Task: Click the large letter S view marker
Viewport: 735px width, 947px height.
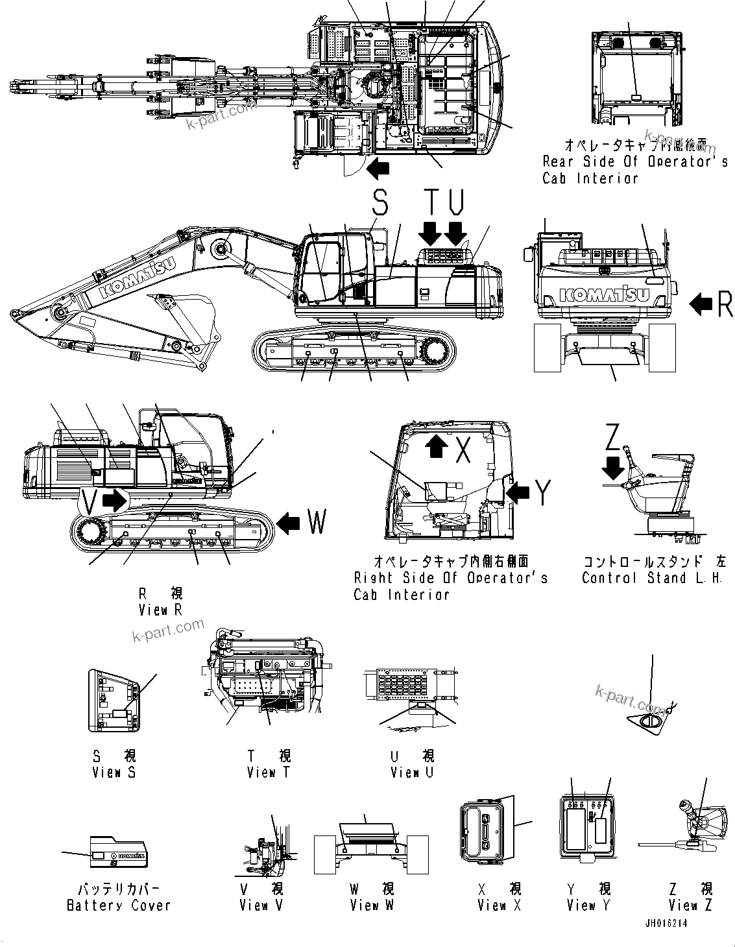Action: [380, 204]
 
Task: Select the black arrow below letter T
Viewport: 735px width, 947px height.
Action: [429, 231]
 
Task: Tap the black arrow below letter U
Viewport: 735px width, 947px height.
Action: [457, 231]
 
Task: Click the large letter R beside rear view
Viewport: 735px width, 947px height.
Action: [725, 304]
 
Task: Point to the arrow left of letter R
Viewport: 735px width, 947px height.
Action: [701, 304]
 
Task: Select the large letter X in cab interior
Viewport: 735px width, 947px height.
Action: [462, 450]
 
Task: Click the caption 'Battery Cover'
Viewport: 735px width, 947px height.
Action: [119, 905]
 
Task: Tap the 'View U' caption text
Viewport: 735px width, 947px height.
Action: [412, 772]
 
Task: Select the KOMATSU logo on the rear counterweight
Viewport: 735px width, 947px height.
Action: [603, 295]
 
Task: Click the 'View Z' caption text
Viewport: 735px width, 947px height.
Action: [690, 905]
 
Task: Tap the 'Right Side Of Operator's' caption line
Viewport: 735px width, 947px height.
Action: [450, 577]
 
